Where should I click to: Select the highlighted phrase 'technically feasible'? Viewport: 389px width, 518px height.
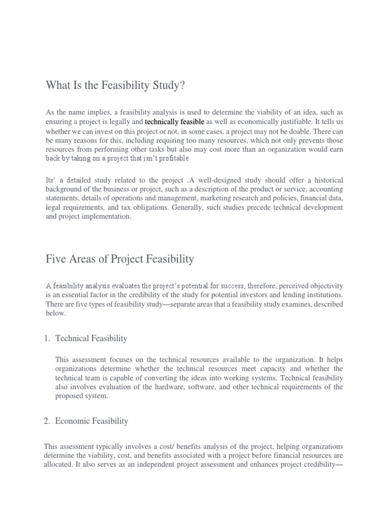click(174, 122)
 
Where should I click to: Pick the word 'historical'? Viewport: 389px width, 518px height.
click(325, 181)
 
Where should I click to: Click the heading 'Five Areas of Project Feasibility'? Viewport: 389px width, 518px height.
click(119, 260)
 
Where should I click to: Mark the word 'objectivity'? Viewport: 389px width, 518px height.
click(324, 286)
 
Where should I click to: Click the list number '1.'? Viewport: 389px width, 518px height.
click(48, 338)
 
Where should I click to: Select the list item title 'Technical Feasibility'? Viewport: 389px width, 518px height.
click(91, 338)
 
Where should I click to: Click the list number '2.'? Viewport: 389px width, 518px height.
click(48, 421)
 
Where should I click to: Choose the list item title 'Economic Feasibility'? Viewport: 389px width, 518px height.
click(92, 421)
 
